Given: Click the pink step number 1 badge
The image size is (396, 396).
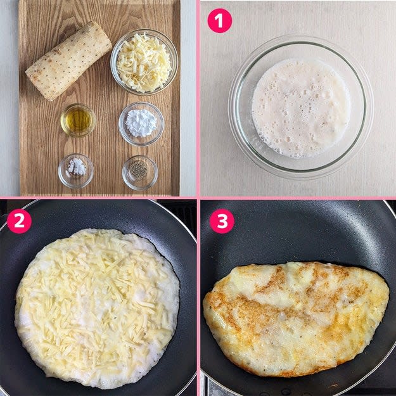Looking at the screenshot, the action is [219, 21].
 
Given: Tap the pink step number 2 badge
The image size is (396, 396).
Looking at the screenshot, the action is [19, 221].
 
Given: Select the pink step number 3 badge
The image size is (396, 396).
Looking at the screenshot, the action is [222, 221].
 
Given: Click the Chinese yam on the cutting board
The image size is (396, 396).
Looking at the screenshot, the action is [68, 61].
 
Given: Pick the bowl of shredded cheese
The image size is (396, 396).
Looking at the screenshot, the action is [144, 62].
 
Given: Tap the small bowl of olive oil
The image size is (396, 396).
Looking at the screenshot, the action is [78, 120].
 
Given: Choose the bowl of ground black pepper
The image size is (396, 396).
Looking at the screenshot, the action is [140, 173].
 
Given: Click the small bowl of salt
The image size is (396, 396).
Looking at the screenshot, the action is [76, 171].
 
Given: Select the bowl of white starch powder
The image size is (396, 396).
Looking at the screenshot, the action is [141, 124].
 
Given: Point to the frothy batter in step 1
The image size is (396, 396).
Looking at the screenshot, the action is [301, 108].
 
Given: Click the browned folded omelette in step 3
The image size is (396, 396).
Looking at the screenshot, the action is [296, 319].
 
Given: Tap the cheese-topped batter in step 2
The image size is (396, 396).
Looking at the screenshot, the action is [97, 308].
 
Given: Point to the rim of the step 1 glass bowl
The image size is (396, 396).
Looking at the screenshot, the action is [300, 37].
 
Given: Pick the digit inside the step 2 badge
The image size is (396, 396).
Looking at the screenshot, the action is [19, 221].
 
